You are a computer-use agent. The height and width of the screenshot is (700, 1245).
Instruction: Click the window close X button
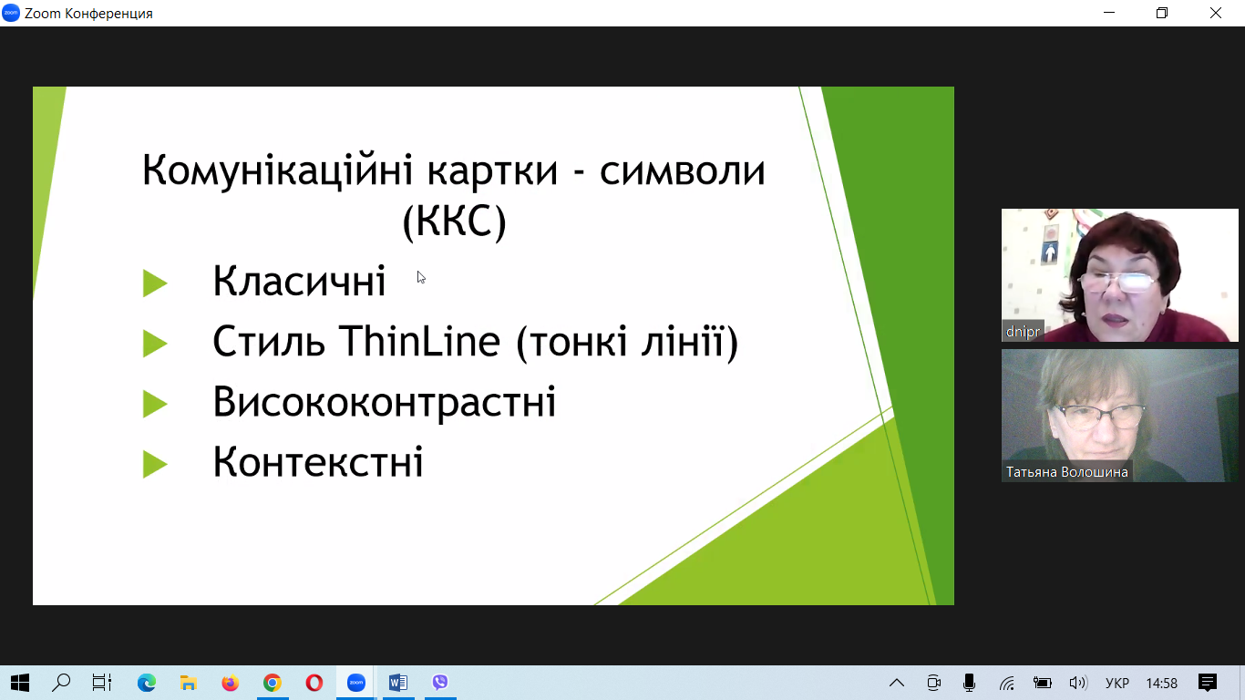[x=1216, y=13]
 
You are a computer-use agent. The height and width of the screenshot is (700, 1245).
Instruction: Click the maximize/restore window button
[x=1162, y=13]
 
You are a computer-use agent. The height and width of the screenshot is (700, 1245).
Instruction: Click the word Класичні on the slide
[x=299, y=281]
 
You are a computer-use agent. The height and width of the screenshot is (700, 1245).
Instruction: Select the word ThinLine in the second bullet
[x=419, y=341]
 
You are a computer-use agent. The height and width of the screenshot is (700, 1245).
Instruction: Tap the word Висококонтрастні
[x=384, y=401]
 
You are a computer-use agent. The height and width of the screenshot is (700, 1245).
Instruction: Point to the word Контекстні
[x=318, y=462]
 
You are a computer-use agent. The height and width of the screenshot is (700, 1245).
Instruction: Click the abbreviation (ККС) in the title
[x=454, y=221]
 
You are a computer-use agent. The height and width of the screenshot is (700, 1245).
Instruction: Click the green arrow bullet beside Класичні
[x=155, y=283]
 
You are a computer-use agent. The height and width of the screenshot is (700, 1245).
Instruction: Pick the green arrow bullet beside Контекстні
[x=155, y=464]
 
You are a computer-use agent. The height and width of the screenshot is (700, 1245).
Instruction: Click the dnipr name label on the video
[x=1023, y=332]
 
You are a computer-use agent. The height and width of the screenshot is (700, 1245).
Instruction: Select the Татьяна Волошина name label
[x=1066, y=472]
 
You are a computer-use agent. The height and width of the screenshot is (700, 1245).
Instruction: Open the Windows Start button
[x=20, y=682]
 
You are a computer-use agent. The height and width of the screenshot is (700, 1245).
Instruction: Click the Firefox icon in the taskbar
[x=230, y=682]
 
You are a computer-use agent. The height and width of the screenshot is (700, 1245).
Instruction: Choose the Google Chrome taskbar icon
[x=273, y=682]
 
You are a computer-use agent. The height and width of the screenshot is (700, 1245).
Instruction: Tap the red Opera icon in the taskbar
[x=314, y=682]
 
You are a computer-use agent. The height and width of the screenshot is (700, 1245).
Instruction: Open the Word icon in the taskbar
[x=398, y=682]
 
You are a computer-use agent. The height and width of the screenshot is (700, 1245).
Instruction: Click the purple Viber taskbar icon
[x=440, y=682]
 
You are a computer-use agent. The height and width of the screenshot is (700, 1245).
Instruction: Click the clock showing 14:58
[x=1162, y=683]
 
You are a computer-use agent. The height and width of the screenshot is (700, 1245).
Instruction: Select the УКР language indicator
[x=1117, y=683]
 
